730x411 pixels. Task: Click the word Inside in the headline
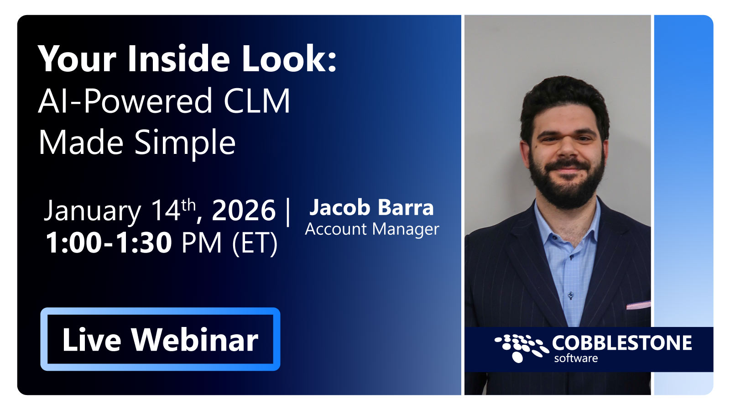[178, 59]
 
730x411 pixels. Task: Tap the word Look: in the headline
[289, 59]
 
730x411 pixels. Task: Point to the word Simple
[185, 143]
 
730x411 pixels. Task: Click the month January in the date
[92, 211]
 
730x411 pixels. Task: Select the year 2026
[244, 211]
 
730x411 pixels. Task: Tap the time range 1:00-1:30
[109, 242]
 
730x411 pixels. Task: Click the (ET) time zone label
[255, 243]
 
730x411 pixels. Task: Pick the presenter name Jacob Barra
[371, 208]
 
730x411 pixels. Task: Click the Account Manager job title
[372, 229]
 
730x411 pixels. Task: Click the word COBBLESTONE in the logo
[621, 343]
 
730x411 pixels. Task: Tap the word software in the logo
[576, 358]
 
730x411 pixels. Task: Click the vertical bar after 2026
[288, 211]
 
